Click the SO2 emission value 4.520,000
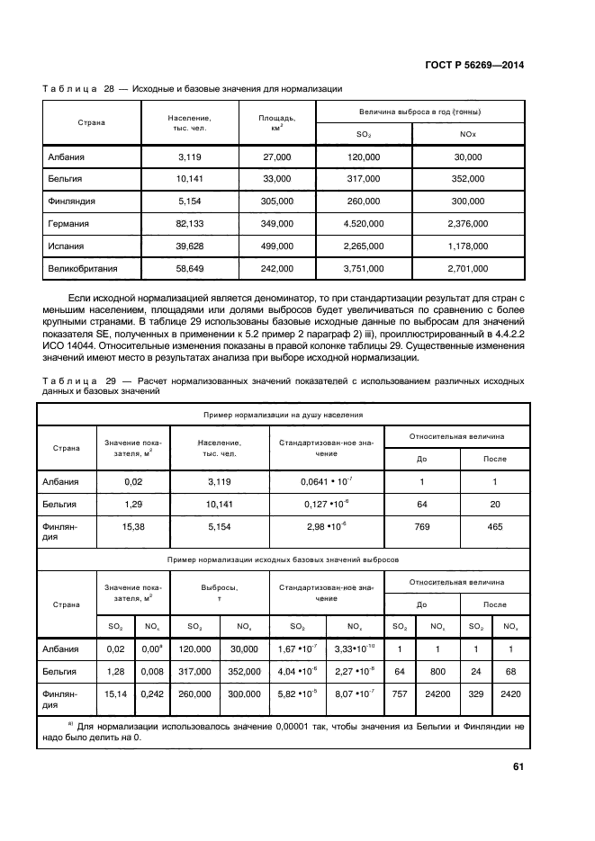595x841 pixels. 364,223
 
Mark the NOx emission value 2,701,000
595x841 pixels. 468,268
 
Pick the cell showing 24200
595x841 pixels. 438,694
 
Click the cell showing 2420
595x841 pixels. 509,694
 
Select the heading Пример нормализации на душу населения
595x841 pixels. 280,415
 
